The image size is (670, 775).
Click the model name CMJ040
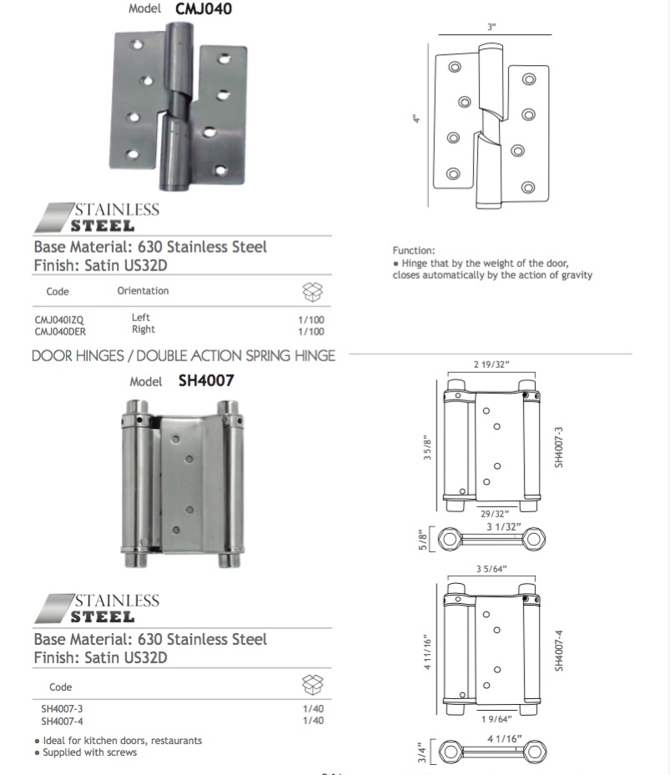click(203, 10)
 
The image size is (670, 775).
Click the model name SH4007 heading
click(206, 381)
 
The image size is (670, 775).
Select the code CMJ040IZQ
click(59, 320)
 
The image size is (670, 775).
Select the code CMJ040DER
click(60, 330)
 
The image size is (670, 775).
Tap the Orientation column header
click(143, 291)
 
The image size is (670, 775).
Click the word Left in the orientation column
click(140, 318)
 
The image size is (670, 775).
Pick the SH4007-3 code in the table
click(63, 709)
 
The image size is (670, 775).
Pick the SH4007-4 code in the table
click(63, 721)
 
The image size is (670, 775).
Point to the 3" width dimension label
click(491, 28)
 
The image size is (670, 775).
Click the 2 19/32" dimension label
click(491, 365)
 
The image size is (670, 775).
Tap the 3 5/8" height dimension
click(427, 445)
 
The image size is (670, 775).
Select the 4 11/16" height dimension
click(427, 652)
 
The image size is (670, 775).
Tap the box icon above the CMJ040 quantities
click(311, 292)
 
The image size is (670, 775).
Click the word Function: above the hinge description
click(414, 250)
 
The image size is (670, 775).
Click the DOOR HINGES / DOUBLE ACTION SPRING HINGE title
click(184, 356)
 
